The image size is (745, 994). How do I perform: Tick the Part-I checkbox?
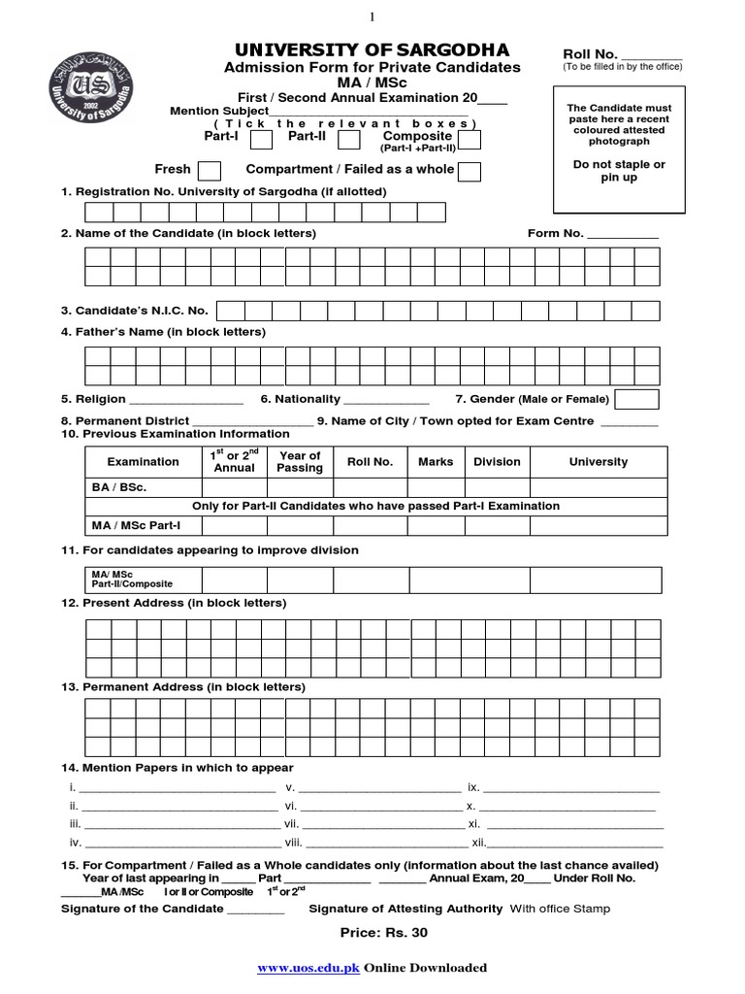coord(261,140)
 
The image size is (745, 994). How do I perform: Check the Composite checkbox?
coord(470,140)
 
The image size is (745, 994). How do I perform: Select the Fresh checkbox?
coord(209,171)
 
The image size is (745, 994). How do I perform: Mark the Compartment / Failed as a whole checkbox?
coord(470,171)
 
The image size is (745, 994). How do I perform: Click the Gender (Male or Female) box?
coord(636,399)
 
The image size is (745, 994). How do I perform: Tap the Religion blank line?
coord(185,401)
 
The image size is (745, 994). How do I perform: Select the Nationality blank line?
coord(386,401)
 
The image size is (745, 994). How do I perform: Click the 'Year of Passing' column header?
coord(300,462)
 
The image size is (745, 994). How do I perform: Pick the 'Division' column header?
coord(497,462)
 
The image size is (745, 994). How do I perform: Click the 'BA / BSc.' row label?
coord(119,487)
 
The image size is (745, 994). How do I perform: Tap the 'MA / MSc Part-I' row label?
coord(136,526)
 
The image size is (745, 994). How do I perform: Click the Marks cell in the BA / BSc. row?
coord(436,487)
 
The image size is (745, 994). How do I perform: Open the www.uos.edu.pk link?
coord(308,968)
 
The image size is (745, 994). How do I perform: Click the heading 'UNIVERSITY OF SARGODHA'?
coord(372,50)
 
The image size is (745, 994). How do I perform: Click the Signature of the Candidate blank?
coord(255,911)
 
